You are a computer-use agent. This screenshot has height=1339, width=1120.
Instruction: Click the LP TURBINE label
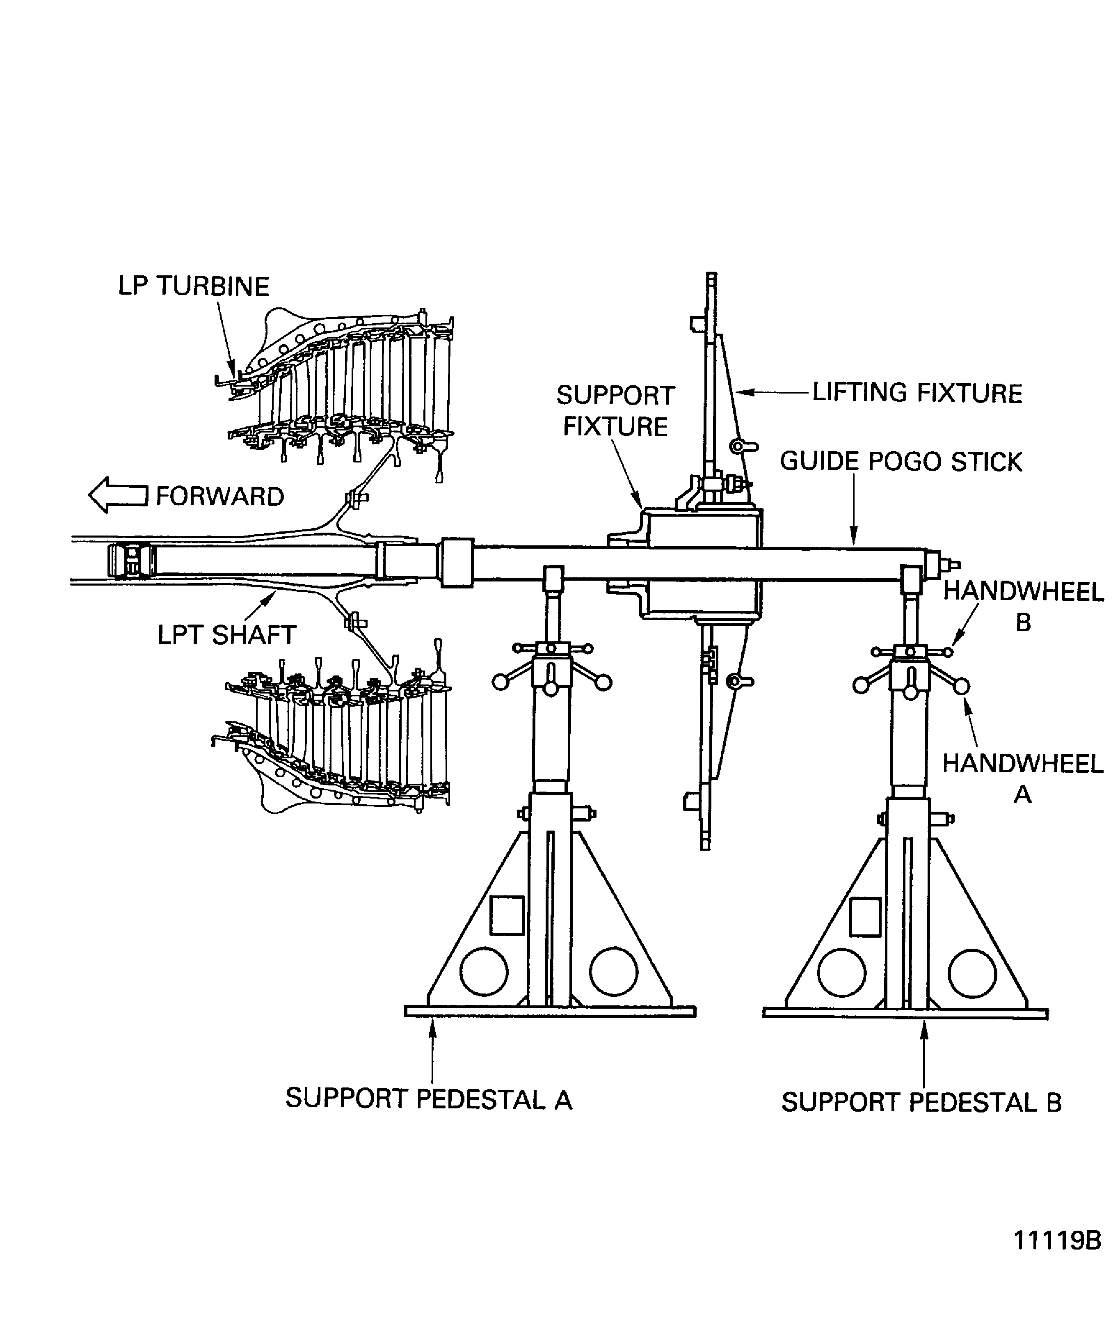tap(194, 286)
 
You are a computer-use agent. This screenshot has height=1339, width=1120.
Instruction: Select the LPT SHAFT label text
tap(227, 635)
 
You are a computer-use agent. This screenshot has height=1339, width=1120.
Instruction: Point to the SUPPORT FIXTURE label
tap(616, 411)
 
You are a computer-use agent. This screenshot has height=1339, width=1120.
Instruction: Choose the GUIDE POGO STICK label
tap(901, 462)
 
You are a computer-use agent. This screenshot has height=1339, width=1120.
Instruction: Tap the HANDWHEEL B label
tap(1023, 607)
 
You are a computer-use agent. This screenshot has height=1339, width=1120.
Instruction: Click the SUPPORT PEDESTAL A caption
tap(428, 1099)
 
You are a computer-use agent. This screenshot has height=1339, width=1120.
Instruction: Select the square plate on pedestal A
tap(507, 916)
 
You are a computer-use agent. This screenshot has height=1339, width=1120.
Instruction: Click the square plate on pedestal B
tap(866, 917)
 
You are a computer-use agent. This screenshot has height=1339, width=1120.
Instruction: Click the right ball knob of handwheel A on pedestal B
tap(961, 686)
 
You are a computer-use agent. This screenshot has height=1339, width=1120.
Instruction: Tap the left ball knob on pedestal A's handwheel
tap(501, 682)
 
